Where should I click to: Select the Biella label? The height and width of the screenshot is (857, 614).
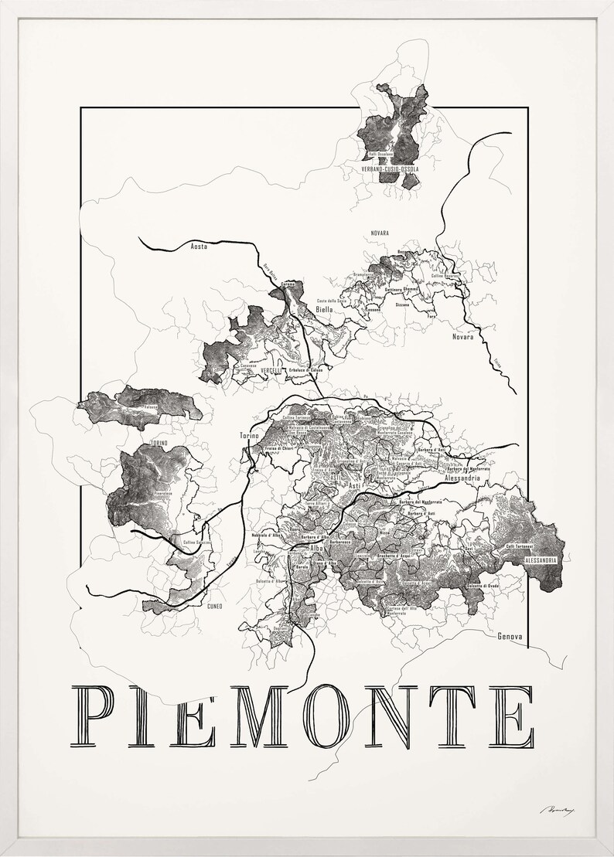click(324, 308)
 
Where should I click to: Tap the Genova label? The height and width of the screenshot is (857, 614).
click(507, 637)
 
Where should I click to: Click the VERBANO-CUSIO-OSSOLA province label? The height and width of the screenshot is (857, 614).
click(390, 168)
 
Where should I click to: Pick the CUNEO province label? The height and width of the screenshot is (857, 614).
click(215, 606)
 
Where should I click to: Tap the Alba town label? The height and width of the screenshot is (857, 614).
click(316, 548)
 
